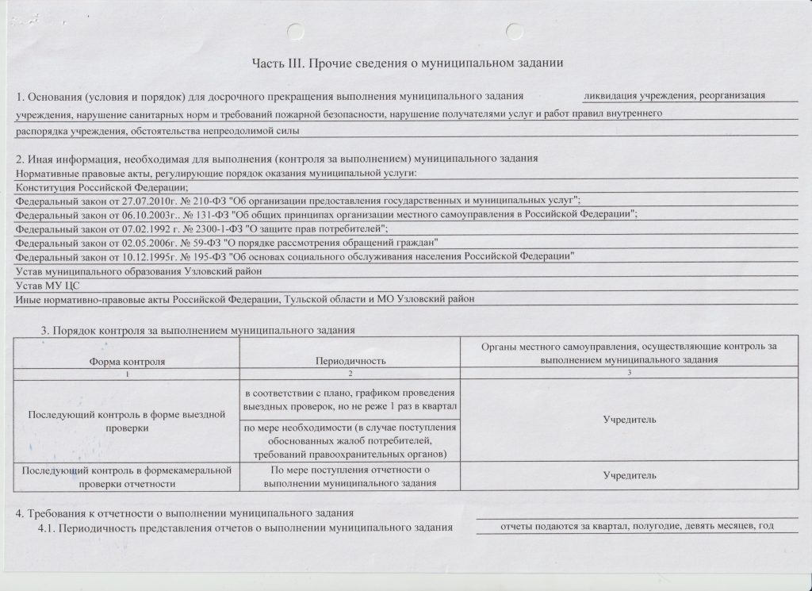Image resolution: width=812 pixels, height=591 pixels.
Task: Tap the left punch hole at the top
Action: point(296,33)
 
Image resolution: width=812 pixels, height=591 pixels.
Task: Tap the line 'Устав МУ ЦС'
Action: point(48,284)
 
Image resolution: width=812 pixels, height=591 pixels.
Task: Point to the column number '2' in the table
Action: point(350,373)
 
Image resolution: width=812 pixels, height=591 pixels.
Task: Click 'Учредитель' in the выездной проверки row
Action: point(630,419)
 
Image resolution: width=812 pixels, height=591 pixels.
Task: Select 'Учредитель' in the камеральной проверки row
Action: point(630,474)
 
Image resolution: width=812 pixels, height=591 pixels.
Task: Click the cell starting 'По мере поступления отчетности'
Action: point(350,474)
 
